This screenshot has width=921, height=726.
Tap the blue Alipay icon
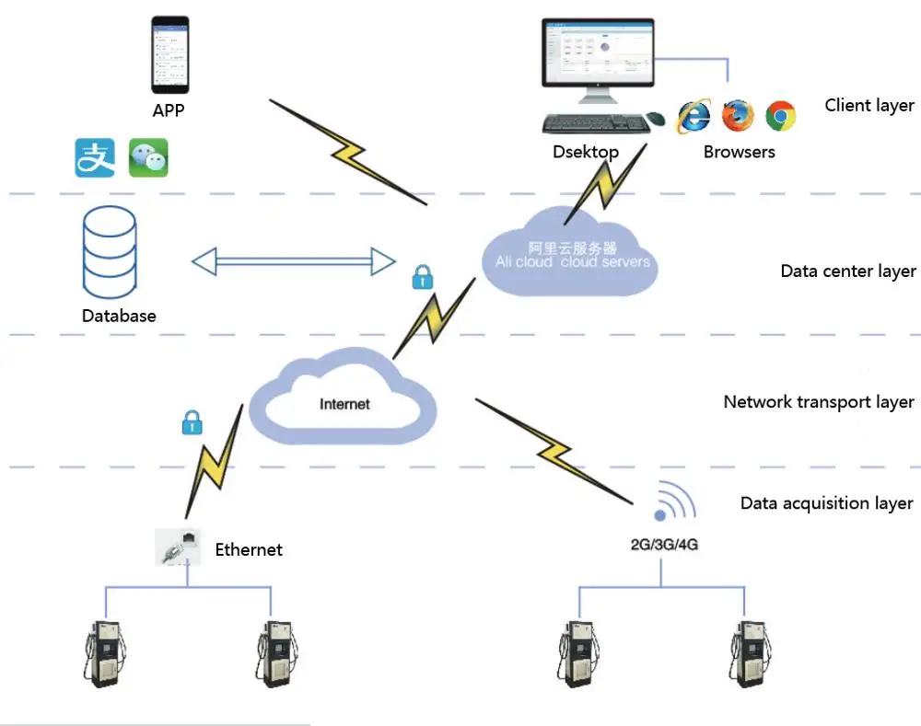95,157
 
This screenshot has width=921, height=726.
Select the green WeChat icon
148,157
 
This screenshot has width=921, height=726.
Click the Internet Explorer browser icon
694,116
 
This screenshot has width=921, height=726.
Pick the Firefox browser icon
738,115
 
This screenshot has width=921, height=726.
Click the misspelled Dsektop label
586,152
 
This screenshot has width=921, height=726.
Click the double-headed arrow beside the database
294,261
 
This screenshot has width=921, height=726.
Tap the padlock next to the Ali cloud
422,277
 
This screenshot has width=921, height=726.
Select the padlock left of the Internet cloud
191,422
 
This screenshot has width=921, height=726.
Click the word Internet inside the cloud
344,404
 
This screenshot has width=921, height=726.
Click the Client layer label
869,105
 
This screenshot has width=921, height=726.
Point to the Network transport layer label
819,402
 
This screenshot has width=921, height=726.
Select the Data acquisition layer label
826,503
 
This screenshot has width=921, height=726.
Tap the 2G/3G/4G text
663,544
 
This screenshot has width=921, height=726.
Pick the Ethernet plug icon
178,547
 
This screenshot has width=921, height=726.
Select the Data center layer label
848,271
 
